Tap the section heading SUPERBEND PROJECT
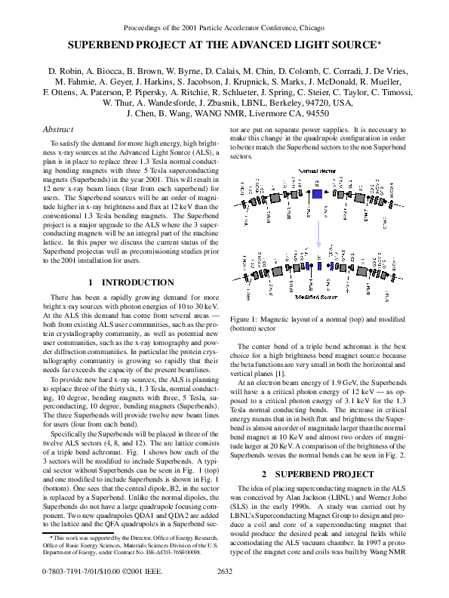[325, 474]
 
